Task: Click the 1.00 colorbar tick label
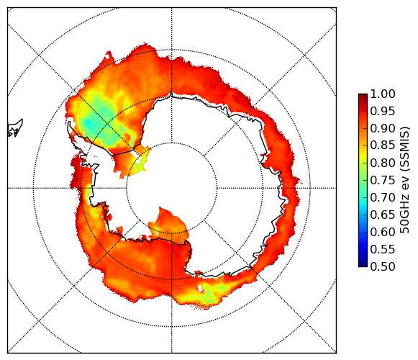click(x=383, y=94)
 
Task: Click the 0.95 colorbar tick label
click(x=383, y=112)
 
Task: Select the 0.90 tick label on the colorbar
click(x=383, y=128)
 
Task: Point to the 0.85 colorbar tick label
click(x=383, y=145)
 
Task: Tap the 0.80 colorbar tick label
click(x=383, y=163)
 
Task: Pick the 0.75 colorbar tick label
click(x=383, y=180)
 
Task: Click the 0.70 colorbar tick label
click(x=383, y=197)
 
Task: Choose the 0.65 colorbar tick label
click(x=383, y=215)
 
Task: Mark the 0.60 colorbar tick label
click(x=383, y=232)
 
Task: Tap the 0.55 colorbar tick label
click(x=383, y=249)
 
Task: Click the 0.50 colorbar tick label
click(x=383, y=266)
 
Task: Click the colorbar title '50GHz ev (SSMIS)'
click(x=404, y=180)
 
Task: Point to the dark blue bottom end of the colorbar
click(x=363, y=264)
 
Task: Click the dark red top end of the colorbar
click(x=363, y=96)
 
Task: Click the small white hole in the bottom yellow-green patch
click(x=200, y=288)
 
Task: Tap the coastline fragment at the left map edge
click(x=15, y=129)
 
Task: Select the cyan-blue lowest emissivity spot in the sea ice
click(x=88, y=122)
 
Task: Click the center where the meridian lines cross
click(x=171, y=188)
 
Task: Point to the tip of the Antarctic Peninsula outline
click(x=69, y=122)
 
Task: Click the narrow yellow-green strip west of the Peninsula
click(x=88, y=193)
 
